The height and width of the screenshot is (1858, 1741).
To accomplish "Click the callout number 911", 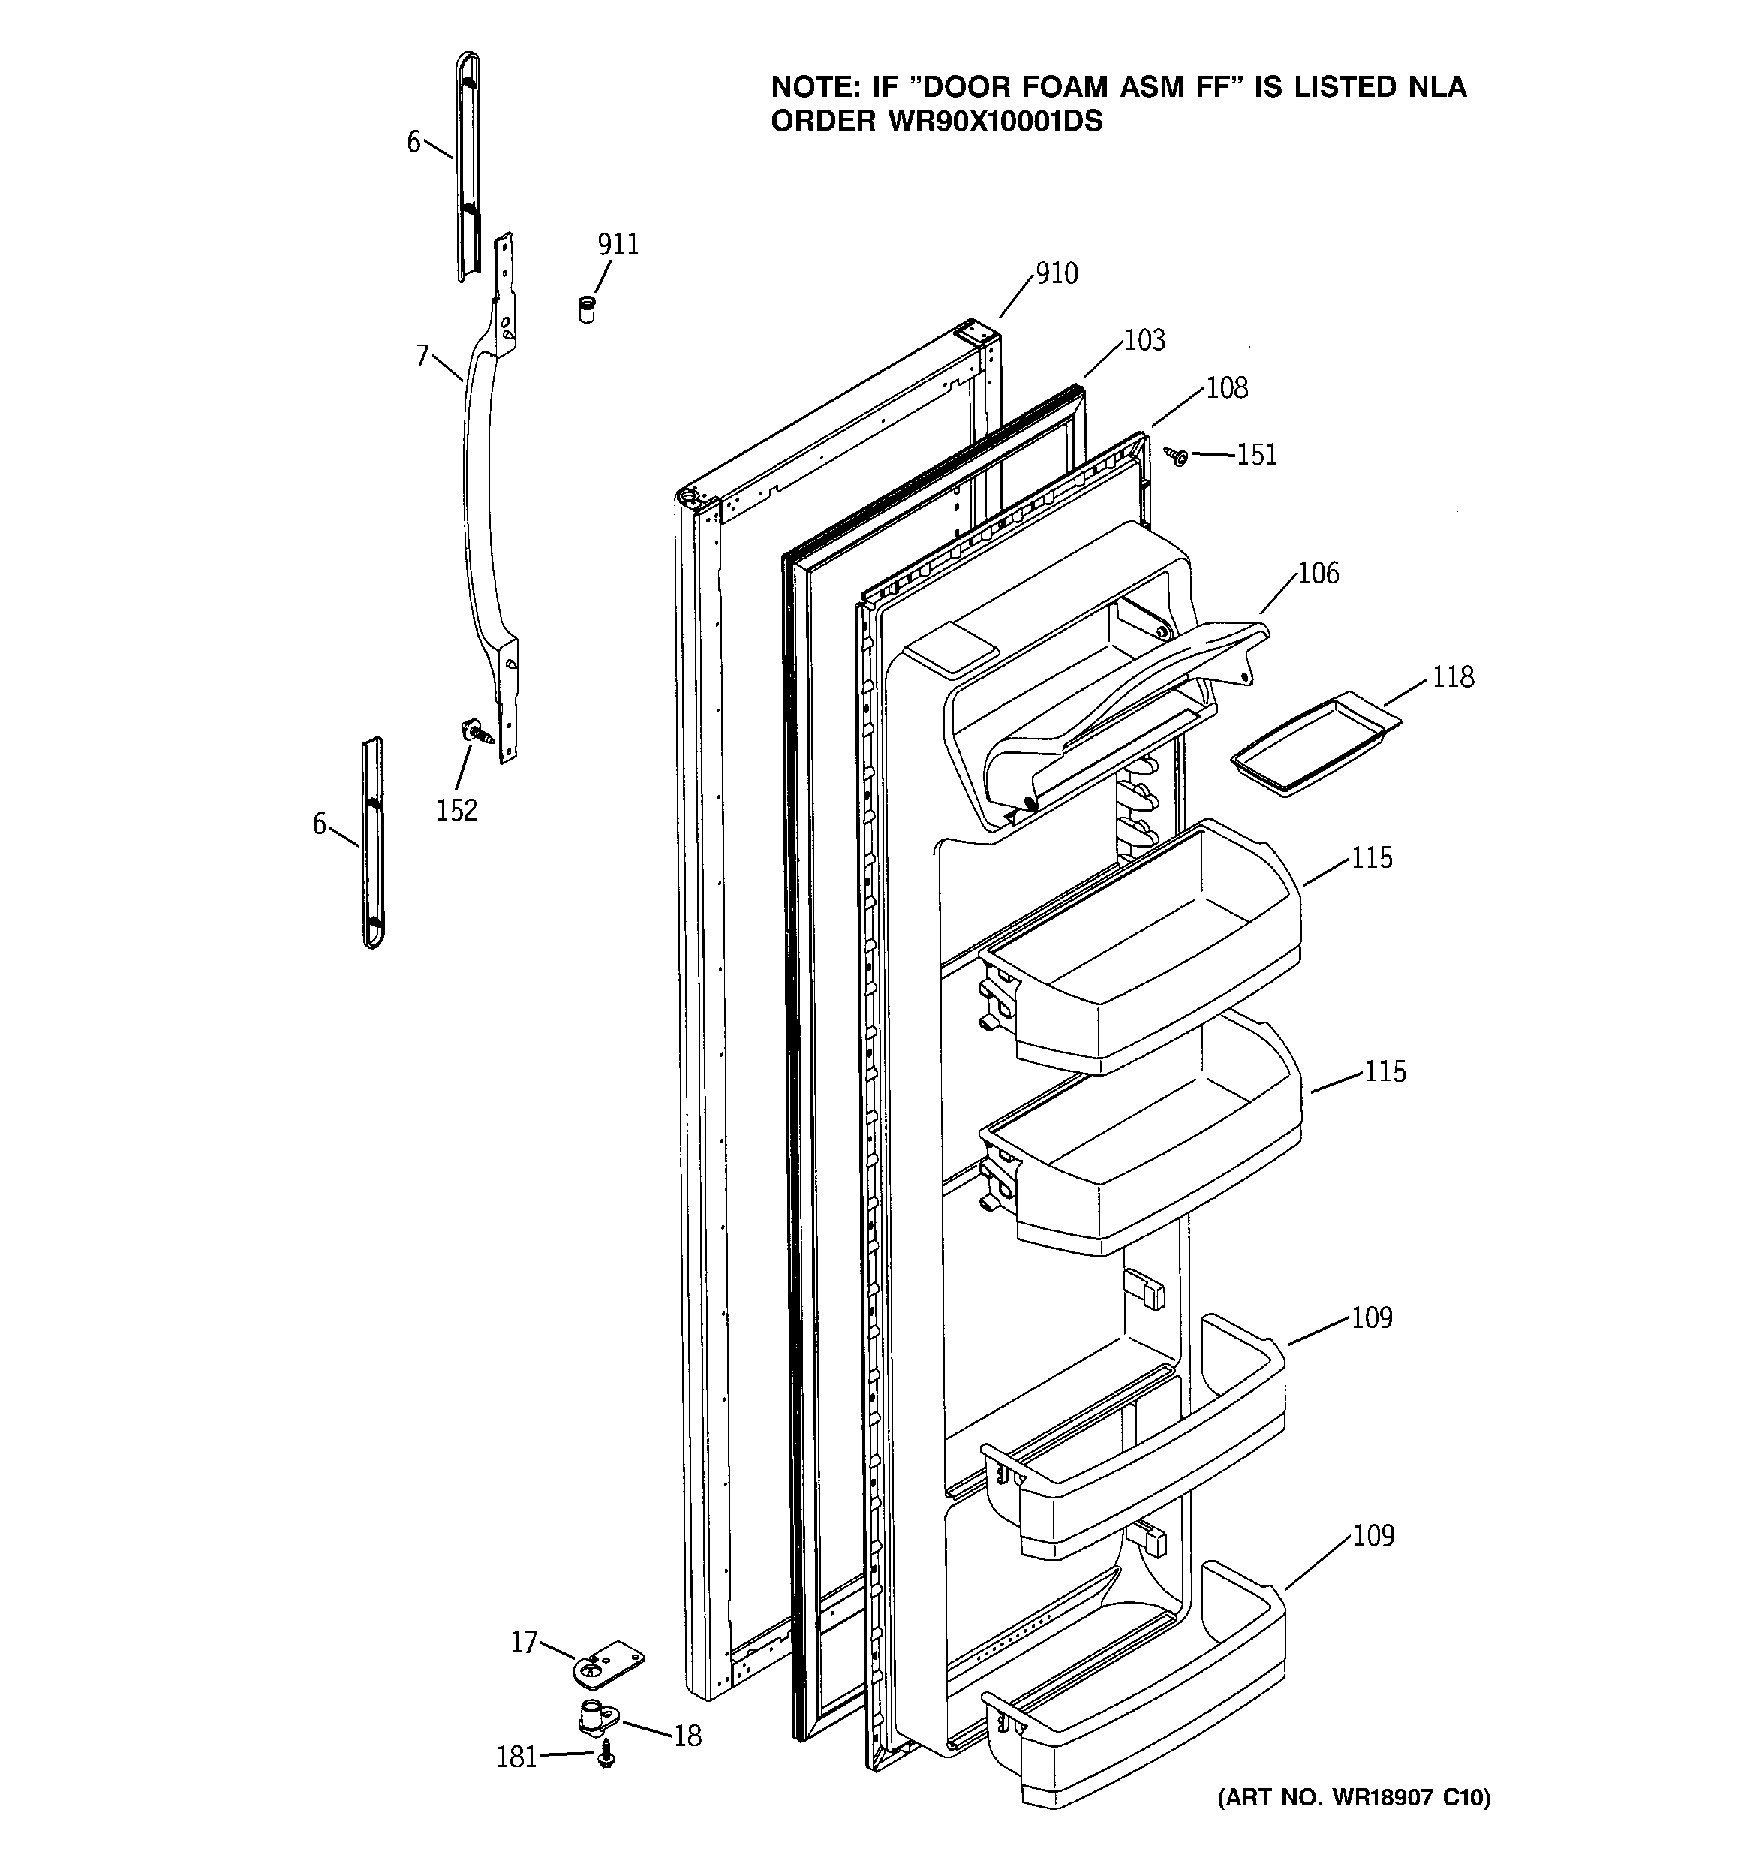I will pos(618,245).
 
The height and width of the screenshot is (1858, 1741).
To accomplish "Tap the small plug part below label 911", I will pos(586,309).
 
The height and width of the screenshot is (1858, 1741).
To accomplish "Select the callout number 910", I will pos(1056,274).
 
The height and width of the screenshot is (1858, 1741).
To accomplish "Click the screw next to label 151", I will pos(1177,456).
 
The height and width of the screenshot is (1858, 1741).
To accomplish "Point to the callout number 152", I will pos(456,809).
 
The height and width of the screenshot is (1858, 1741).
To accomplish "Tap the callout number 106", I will pos(1318,573).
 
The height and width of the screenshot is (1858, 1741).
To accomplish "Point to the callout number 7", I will pos(422,356).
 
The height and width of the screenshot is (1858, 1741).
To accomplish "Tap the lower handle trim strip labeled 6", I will pos(373,841).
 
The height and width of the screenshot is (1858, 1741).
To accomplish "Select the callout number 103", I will pos(1144,340).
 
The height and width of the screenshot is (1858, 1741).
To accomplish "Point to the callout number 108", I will pos(1226,388).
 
